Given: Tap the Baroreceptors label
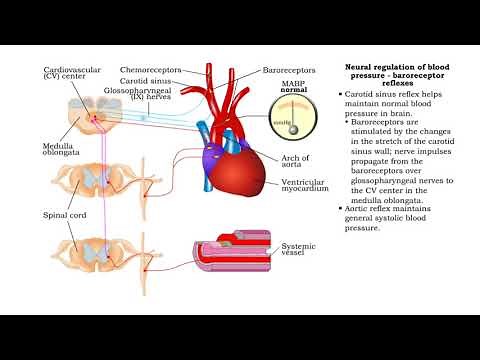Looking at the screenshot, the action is pyautogui.click(x=290, y=71).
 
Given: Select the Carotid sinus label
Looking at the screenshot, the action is pyautogui.click(x=148, y=81).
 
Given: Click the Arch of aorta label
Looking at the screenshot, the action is pyautogui.click(x=296, y=162).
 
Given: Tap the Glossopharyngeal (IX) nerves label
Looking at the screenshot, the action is pyautogui.click(x=146, y=94).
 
